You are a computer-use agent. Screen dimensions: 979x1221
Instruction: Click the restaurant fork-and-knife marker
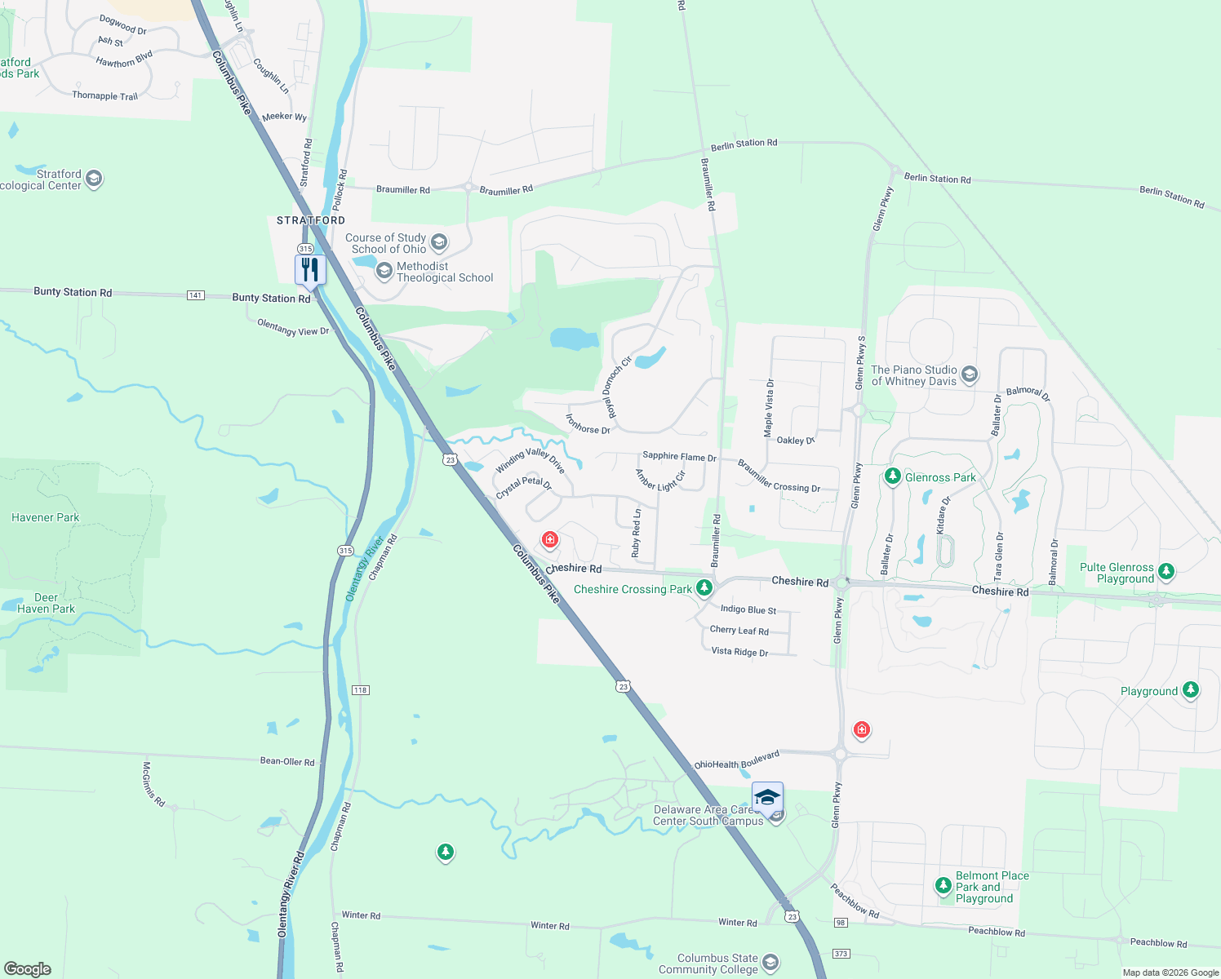click(310, 269)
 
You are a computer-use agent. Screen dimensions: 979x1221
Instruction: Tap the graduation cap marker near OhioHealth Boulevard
click(767, 797)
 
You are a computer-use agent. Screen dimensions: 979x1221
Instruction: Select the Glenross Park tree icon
click(893, 476)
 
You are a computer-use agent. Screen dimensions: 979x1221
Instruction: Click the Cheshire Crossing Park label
click(633, 589)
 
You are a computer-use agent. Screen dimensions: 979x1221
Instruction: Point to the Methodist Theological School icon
click(384, 271)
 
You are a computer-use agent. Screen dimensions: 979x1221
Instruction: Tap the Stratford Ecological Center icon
click(94, 179)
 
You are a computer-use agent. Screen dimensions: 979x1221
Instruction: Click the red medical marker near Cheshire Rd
click(550, 539)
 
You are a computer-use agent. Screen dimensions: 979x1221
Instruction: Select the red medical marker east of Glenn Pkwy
click(861, 729)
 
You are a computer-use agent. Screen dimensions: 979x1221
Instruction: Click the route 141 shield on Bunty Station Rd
click(196, 295)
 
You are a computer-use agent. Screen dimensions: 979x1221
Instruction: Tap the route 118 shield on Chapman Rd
click(361, 690)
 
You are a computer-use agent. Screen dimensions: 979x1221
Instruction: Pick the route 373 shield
click(841, 953)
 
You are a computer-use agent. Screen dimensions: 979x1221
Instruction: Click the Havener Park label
click(46, 517)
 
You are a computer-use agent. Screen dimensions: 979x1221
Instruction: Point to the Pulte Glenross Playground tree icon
click(1166, 571)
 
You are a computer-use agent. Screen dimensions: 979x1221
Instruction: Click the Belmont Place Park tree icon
click(943, 885)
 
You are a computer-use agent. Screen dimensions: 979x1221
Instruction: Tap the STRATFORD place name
click(311, 220)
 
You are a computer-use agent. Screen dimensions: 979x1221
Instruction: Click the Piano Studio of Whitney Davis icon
click(970, 374)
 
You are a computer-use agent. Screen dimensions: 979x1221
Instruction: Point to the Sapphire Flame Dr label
click(679, 457)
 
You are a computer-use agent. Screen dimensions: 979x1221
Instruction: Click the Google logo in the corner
click(28, 968)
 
